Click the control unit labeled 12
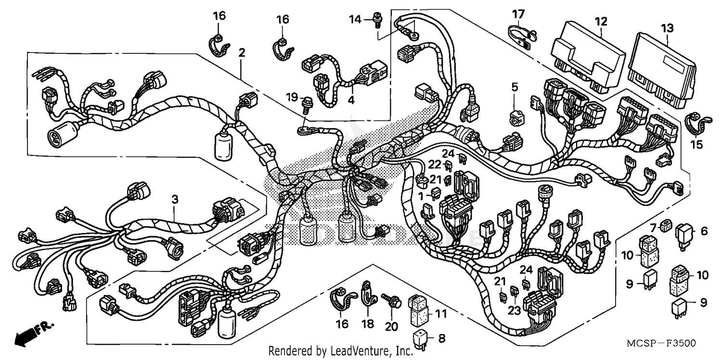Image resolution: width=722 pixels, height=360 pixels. tap(585, 61)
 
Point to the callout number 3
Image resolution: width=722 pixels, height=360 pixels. tap(174, 198)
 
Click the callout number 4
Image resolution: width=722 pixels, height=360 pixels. tap(351, 101)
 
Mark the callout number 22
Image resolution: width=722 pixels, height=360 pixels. tap(435, 164)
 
